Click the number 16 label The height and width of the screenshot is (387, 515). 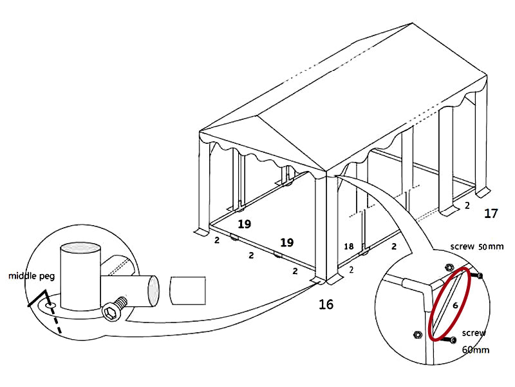326,304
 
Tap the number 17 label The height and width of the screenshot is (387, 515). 491,213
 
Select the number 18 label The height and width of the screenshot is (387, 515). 350,246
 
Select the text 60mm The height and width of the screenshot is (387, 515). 476,350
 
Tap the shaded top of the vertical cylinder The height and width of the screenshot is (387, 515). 80,248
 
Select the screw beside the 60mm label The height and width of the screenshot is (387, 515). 453,339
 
